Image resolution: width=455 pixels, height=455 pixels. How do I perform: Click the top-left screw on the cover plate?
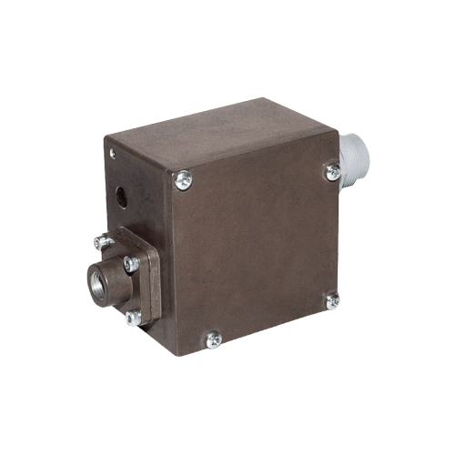[x=184, y=179]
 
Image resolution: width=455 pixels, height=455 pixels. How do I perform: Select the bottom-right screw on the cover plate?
[x=332, y=299]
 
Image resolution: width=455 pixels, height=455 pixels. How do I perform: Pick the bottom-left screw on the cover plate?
[x=213, y=339]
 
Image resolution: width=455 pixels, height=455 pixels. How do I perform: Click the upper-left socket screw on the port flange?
[x=99, y=243]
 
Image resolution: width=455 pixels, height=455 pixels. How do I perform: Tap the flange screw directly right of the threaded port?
[x=131, y=265]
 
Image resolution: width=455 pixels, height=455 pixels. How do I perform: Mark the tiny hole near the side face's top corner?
[x=114, y=153]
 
